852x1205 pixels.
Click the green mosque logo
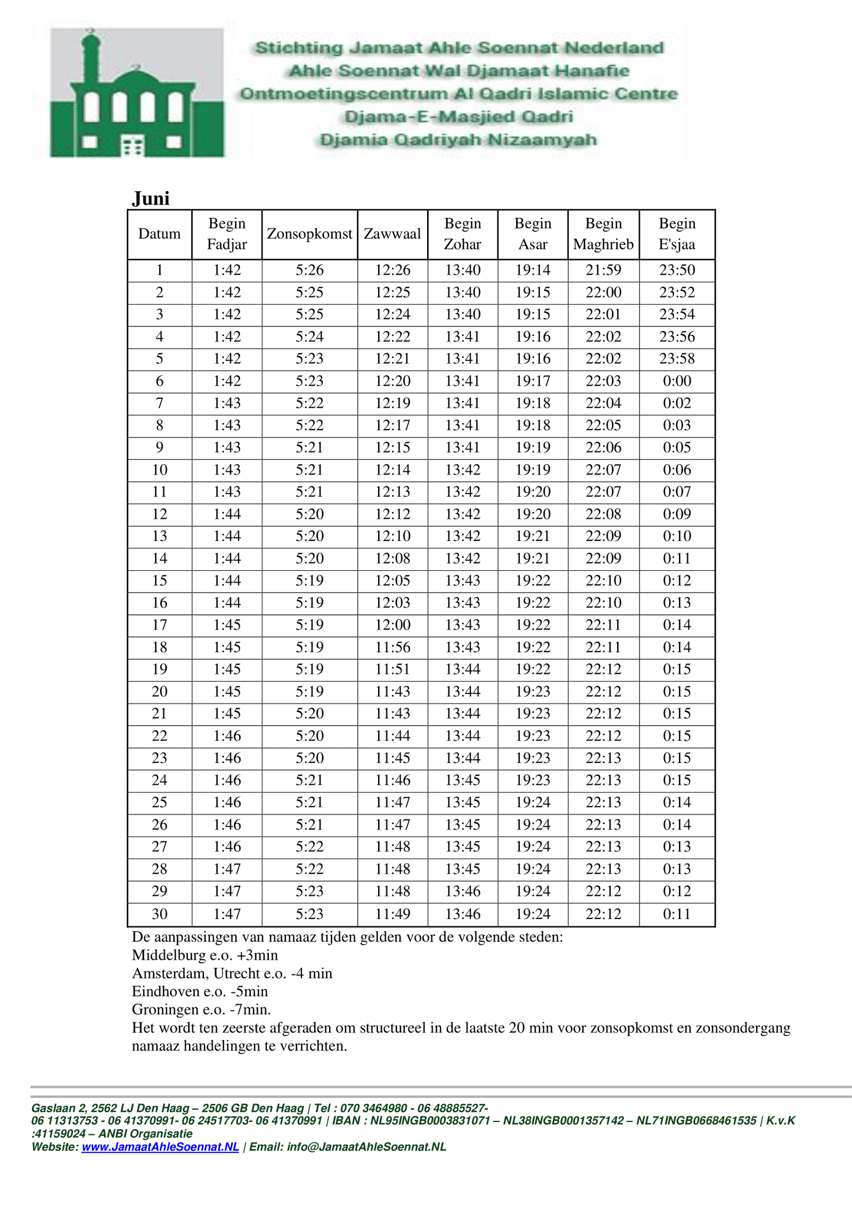coord(137,93)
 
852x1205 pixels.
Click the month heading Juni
coord(151,199)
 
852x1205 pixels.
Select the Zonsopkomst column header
coord(309,234)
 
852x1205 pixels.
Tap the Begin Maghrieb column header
coord(603,234)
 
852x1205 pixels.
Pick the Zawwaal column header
coord(392,234)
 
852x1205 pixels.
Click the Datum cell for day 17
coord(160,625)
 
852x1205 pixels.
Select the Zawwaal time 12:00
coord(392,625)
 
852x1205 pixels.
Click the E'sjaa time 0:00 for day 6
coord(677,381)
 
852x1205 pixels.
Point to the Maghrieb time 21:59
coord(603,270)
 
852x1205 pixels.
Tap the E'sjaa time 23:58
coord(677,358)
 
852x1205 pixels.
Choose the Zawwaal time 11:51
coord(392,669)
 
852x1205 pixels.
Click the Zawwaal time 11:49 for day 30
coord(392,914)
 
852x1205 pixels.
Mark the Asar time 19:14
coord(533,270)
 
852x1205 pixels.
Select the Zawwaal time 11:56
coord(392,647)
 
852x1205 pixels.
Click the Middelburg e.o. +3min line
coord(205,955)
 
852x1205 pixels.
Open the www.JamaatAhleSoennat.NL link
coord(160,1147)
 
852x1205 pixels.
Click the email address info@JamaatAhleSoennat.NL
coord(366,1147)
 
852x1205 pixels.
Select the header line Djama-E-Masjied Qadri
coord(458,117)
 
